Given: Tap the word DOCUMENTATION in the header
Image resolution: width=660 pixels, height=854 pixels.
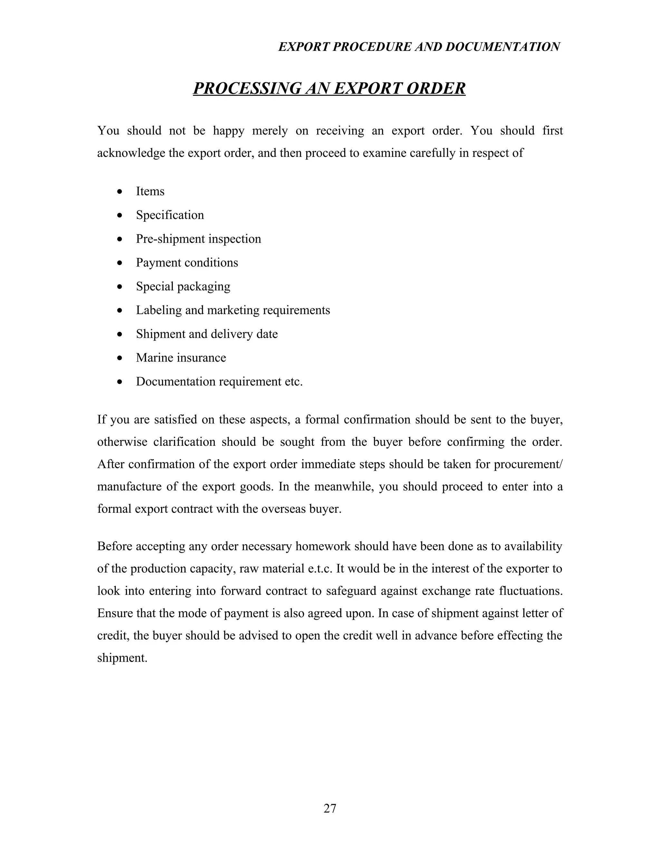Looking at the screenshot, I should [x=502, y=47].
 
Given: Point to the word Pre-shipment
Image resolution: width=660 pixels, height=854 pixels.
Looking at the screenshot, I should [x=170, y=239].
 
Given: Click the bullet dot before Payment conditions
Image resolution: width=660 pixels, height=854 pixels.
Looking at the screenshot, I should [x=120, y=263].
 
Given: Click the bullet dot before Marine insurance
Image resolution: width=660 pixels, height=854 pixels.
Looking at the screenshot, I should [x=120, y=358].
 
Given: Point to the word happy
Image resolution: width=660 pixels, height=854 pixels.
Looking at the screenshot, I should [x=228, y=131].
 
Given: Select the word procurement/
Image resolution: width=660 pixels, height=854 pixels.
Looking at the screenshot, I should [x=528, y=464].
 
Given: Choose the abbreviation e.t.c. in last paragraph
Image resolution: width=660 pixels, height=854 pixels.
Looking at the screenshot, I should [x=319, y=568].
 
